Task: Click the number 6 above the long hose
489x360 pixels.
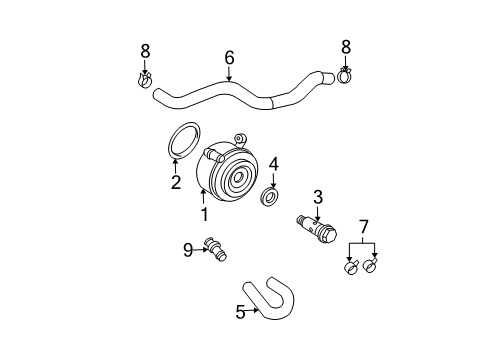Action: (229, 58)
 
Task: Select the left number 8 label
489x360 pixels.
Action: (145, 51)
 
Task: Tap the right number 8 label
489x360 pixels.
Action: (346, 47)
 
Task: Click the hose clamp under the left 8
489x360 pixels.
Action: (145, 81)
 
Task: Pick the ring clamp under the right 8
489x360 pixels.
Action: (345, 76)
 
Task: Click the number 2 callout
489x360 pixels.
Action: (176, 182)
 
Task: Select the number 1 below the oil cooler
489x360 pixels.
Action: (204, 214)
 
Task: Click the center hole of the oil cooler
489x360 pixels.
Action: (238, 177)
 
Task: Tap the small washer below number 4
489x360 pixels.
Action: (269, 197)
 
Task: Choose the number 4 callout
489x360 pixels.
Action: (274, 165)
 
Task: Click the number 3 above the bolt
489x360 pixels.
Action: (318, 197)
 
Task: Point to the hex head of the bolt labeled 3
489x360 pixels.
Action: (330, 235)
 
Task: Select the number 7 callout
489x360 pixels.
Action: (363, 227)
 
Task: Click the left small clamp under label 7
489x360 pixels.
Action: (351, 267)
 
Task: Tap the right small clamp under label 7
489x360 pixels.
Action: (370, 265)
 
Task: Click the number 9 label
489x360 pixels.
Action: (188, 250)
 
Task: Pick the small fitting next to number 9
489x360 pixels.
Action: (216, 249)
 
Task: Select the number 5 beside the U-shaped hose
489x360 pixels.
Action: (240, 312)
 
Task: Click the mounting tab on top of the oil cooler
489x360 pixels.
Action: (240, 139)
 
